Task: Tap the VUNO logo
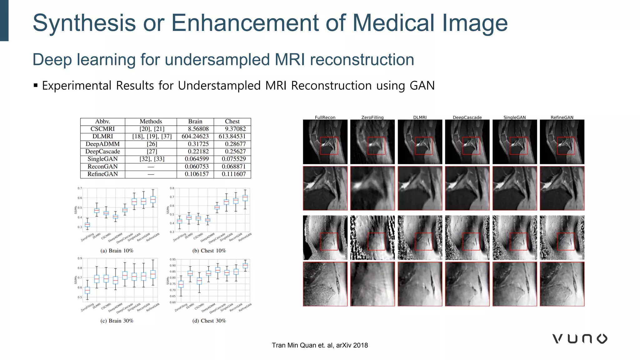[580, 339]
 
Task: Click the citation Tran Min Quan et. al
[320, 345]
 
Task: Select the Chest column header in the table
[232, 121]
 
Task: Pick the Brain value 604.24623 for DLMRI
[195, 136]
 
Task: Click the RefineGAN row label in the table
[102, 174]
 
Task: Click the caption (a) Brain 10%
[117, 251]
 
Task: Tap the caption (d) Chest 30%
[209, 321]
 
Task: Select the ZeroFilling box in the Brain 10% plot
[87, 225]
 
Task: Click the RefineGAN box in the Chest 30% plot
[245, 266]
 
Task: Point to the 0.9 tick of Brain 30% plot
[80, 258]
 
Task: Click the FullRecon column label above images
[325, 117]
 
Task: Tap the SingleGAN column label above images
[514, 117]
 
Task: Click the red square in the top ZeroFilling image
[376, 146]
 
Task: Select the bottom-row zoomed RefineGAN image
[562, 284]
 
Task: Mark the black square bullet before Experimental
[36, 85]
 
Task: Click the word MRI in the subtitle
[291, 60]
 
